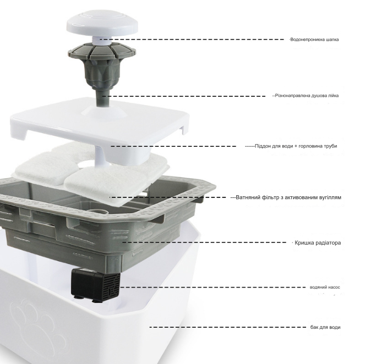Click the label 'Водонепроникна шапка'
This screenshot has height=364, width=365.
pos(314,40)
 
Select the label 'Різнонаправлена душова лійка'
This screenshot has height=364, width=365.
pos(307,96)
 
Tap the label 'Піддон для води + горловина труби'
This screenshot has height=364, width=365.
pos(296,146)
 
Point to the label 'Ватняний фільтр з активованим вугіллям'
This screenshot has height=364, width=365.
pos(288,197)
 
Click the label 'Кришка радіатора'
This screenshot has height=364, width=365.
pos(318,242)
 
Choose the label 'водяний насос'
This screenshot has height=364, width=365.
pos(325,287)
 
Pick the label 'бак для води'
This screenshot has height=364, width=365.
pos(325,327)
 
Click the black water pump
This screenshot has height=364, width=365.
pos(96,285)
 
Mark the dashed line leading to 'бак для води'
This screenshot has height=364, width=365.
pos(228,327)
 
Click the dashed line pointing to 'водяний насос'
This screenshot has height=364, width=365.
pos(213,287)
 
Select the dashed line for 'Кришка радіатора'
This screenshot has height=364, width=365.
pos(204,242)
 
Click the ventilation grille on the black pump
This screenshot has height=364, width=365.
pos(112,285)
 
